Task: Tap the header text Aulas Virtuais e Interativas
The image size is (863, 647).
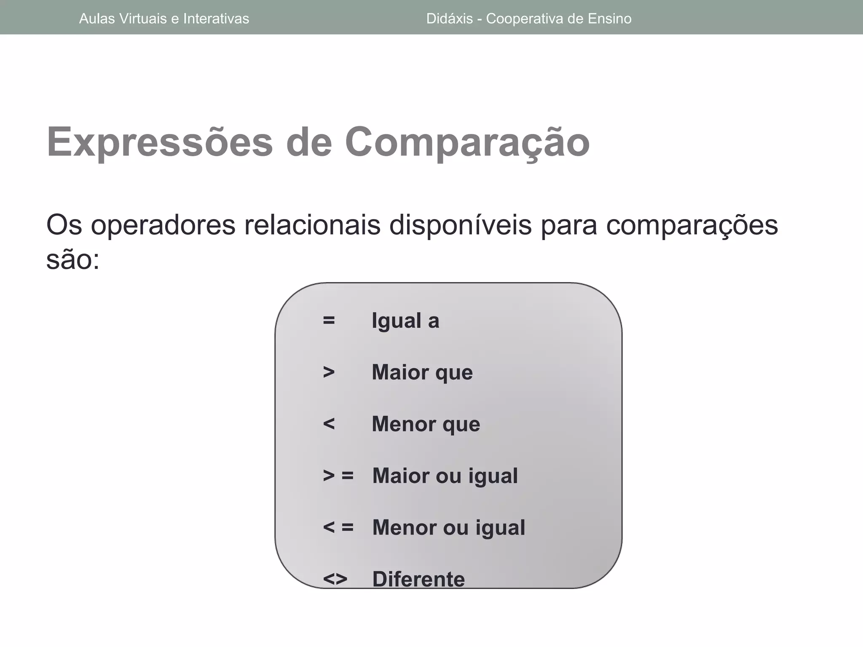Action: pyautogui.click(x=164, y=19)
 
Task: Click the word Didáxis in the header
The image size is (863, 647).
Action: pyautogui.click(x=449, y=19)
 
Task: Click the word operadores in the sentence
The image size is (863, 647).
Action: pyautogui.click(x=163, y=226)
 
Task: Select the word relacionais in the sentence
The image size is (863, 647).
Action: pyautogui.click(x=312, y=226)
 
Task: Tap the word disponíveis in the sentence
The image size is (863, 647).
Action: pyautogui.click(x=460, y=226)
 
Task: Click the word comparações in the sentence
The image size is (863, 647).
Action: pyautogui.click(x=692, y=226)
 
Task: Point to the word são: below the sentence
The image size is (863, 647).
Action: pyautogui.click(x=72, y=260)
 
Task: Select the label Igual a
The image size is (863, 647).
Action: pyautogui.click(x=405, y=321)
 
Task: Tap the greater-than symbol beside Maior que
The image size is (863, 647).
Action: pyautogui.click(x=329, y=372)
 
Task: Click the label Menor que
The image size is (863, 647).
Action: pyautogui.click(x=426, y=424)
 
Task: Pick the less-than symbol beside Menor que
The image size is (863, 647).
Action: pyautogui.click(x=329, y=424)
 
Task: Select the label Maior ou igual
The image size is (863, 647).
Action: pyautogui.click(x=445, y=476)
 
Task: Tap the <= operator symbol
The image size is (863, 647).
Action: pyautogui.click(x=338, y=527)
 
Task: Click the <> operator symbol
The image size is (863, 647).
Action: pyautogui.click(x=335, y=579)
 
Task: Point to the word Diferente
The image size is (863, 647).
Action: pyautogui.click(x=418, y=579)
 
